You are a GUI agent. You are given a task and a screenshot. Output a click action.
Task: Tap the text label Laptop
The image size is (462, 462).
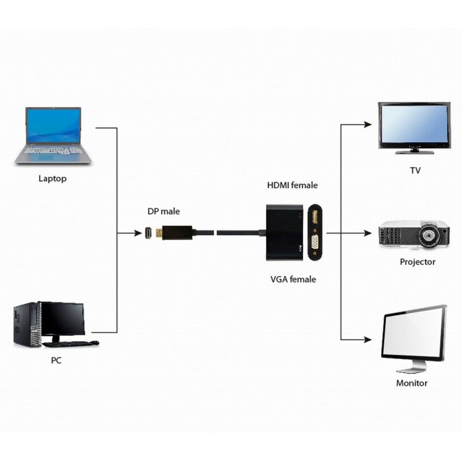click(53, 178)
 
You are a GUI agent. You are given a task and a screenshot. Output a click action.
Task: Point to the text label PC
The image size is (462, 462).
click(55, 360)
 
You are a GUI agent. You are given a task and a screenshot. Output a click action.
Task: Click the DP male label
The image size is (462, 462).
click(163, 211)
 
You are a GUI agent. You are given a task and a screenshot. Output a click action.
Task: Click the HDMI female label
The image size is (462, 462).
click(292, 185)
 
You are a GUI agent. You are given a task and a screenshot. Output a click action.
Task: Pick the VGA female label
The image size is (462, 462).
click(293, 280)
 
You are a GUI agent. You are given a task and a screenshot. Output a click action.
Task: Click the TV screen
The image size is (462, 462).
click(413, 125)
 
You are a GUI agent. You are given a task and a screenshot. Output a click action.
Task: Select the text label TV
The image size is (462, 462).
click(415, 171)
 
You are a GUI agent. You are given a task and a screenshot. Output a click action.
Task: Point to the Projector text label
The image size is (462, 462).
click(418, 262)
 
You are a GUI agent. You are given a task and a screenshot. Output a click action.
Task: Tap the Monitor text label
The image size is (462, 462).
click(412, 383)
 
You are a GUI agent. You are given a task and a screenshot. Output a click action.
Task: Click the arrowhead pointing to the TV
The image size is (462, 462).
click(367, 124)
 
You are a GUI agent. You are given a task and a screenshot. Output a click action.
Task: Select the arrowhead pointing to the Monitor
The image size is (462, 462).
click(367, 340)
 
